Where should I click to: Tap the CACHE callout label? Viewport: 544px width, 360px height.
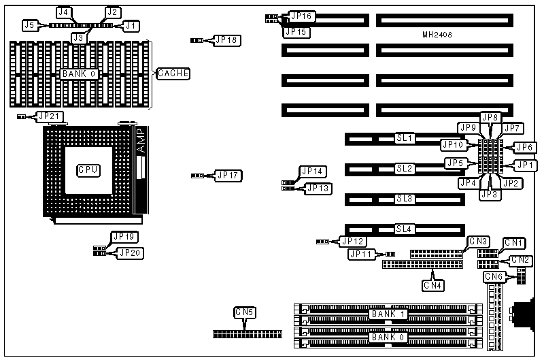pyautogui.click(x=173, y=73)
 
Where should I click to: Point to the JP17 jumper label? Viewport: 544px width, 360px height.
pyautogui.click(x=227, y=175)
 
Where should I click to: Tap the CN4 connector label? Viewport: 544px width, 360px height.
pyautogui.click(x=433, y=285)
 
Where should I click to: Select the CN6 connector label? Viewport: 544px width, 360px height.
pyautogui.click(x=494, y=276)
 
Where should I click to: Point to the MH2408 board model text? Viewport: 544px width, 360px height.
pyautogui.click(x=437, y=33)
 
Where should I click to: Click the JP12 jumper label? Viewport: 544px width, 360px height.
pyautogui.click(x=353, y=241)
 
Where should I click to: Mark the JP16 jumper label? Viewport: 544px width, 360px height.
pyautogui.click(x=301, y=16)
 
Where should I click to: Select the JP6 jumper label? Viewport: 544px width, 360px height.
pyautogui.click(x=523, y=147)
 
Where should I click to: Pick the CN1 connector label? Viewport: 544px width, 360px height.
pyautogui.click(x=513, y=243)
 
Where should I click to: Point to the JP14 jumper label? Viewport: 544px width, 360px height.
pyautogui.click(x=313, y=171)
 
